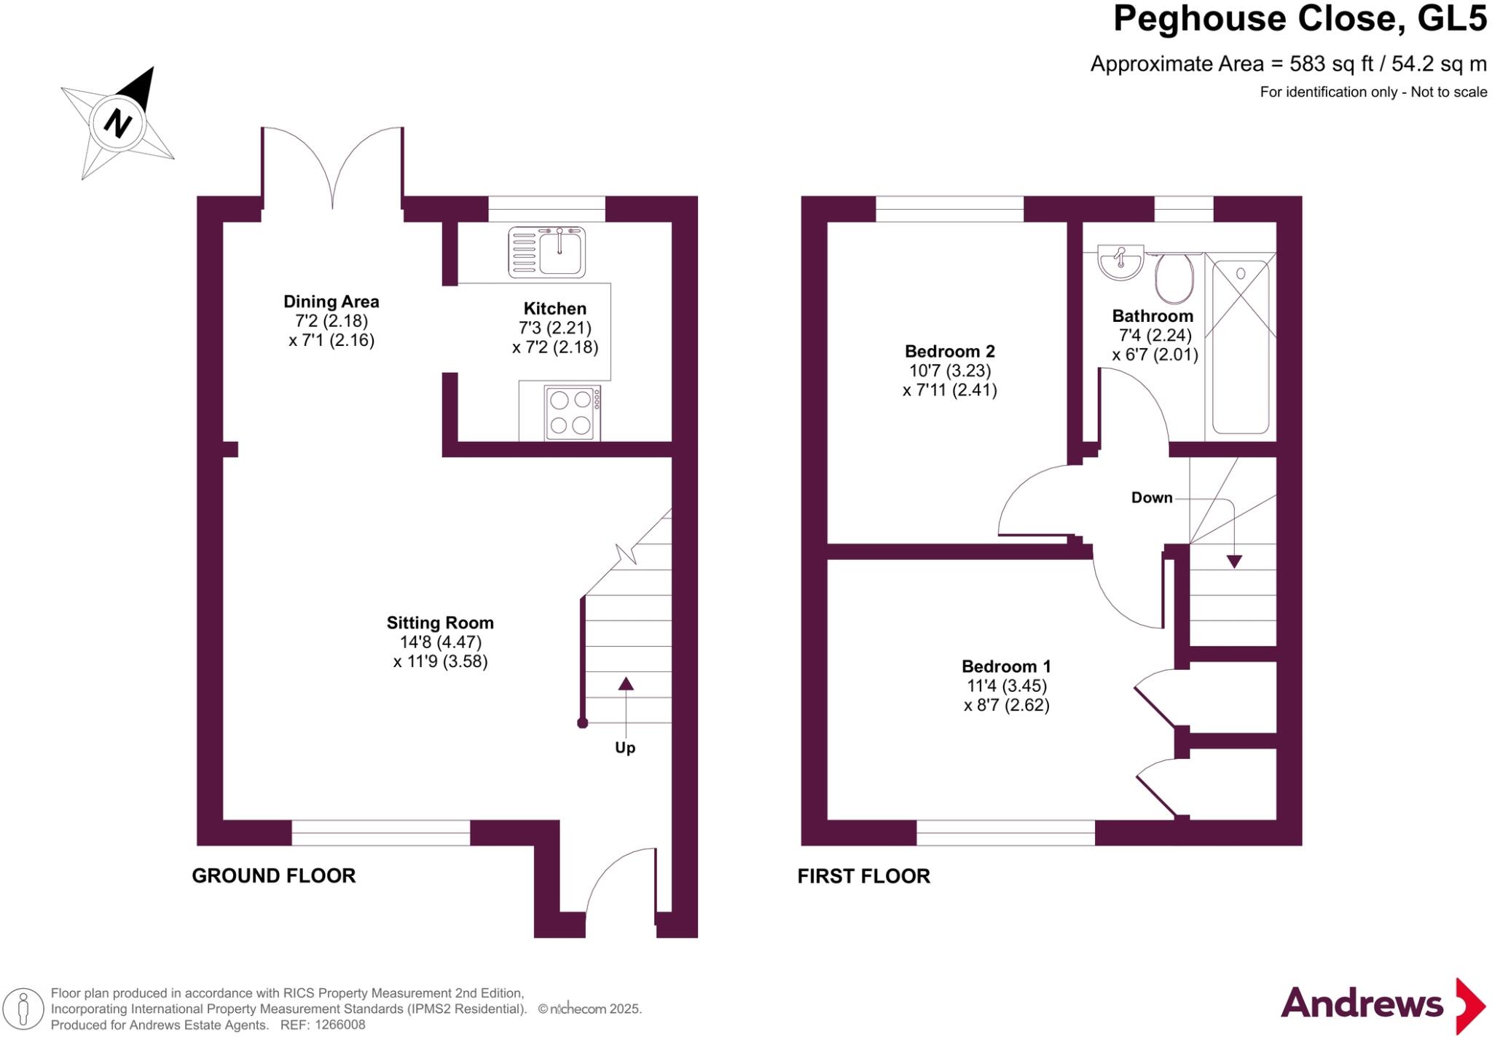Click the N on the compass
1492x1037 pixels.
pyautogui.click(x=117, y=122)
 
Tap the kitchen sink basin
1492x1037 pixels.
pyautogui.click(x=560, y=251)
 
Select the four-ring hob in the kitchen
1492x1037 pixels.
pyautogui.click(x=572, y=413)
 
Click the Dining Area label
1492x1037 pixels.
pyautogui.click(x=331, y=301)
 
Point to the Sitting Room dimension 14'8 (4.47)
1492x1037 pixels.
pyautogui.click(x=440, y=642)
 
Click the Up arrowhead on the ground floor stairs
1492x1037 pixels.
pyautogui.click(x=626, y=683)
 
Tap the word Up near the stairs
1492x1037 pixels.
pyautogui.click(x=625, y=748)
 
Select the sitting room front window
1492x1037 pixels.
pyautogui.click(x=380, y=833)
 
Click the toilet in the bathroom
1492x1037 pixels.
pyautogui.click(x=1174, y=277)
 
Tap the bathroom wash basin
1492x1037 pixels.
pyautogui.click(x=1120, y=263)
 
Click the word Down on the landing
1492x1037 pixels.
pyautogui.click(x=1151, y=498)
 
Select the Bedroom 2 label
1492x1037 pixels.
pyautogui.click(x=949, y=351)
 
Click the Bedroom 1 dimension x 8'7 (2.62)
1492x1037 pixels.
pyautogui.click(x=1006, y=705)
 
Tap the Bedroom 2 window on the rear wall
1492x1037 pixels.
pyautogui.click(x=949, y=209)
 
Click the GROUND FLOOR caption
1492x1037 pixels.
pyautogui.click(x=273, y=875)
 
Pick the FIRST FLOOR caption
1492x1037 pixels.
pyautogui.click(x=863, y=875)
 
